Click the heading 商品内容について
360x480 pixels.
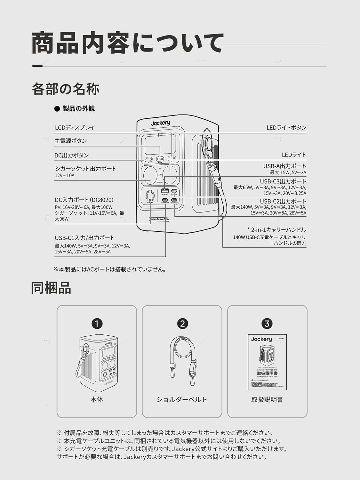pyautogui.click(x=127, y=43)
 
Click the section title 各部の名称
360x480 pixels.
pyautogui.click(x=66, y=89)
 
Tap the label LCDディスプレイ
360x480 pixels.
pyautogui.click(x=75, y=128)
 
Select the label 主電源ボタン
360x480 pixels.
pyautogui.click(x=71, y=141)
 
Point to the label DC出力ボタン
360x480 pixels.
pyautogui.click(x=71, y=156)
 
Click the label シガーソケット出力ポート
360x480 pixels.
pyautogui.click(x=85, y=169)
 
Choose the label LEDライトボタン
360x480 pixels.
pyautogui.click(x=286, y=128)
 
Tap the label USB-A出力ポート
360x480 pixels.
pyautogui.click(x=284, y=166)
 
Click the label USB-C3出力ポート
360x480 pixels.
pyautogui.click(x=283, y=181)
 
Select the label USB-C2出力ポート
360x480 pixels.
pyautogui.click(x=283, y=201)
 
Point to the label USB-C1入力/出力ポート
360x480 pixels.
pyautogui.click(x=84, y=238)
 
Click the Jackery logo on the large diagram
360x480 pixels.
pyautogui.click(x=160, y=123)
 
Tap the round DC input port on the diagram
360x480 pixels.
pyautogui.click(x=150, y=195)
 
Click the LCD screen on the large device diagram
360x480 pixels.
pyautogui.click(x=155, y=144)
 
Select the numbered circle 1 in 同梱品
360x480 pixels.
pyautogui.click(x=97, y=324)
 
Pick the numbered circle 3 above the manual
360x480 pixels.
pyautogui.click(x=267, y=324)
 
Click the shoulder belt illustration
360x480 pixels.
pyautogui.click(x=182, y=360)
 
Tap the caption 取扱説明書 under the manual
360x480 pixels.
pyautogui.click(x=267, y=400)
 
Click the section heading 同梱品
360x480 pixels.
pyautogui.click(x=51, y=288)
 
